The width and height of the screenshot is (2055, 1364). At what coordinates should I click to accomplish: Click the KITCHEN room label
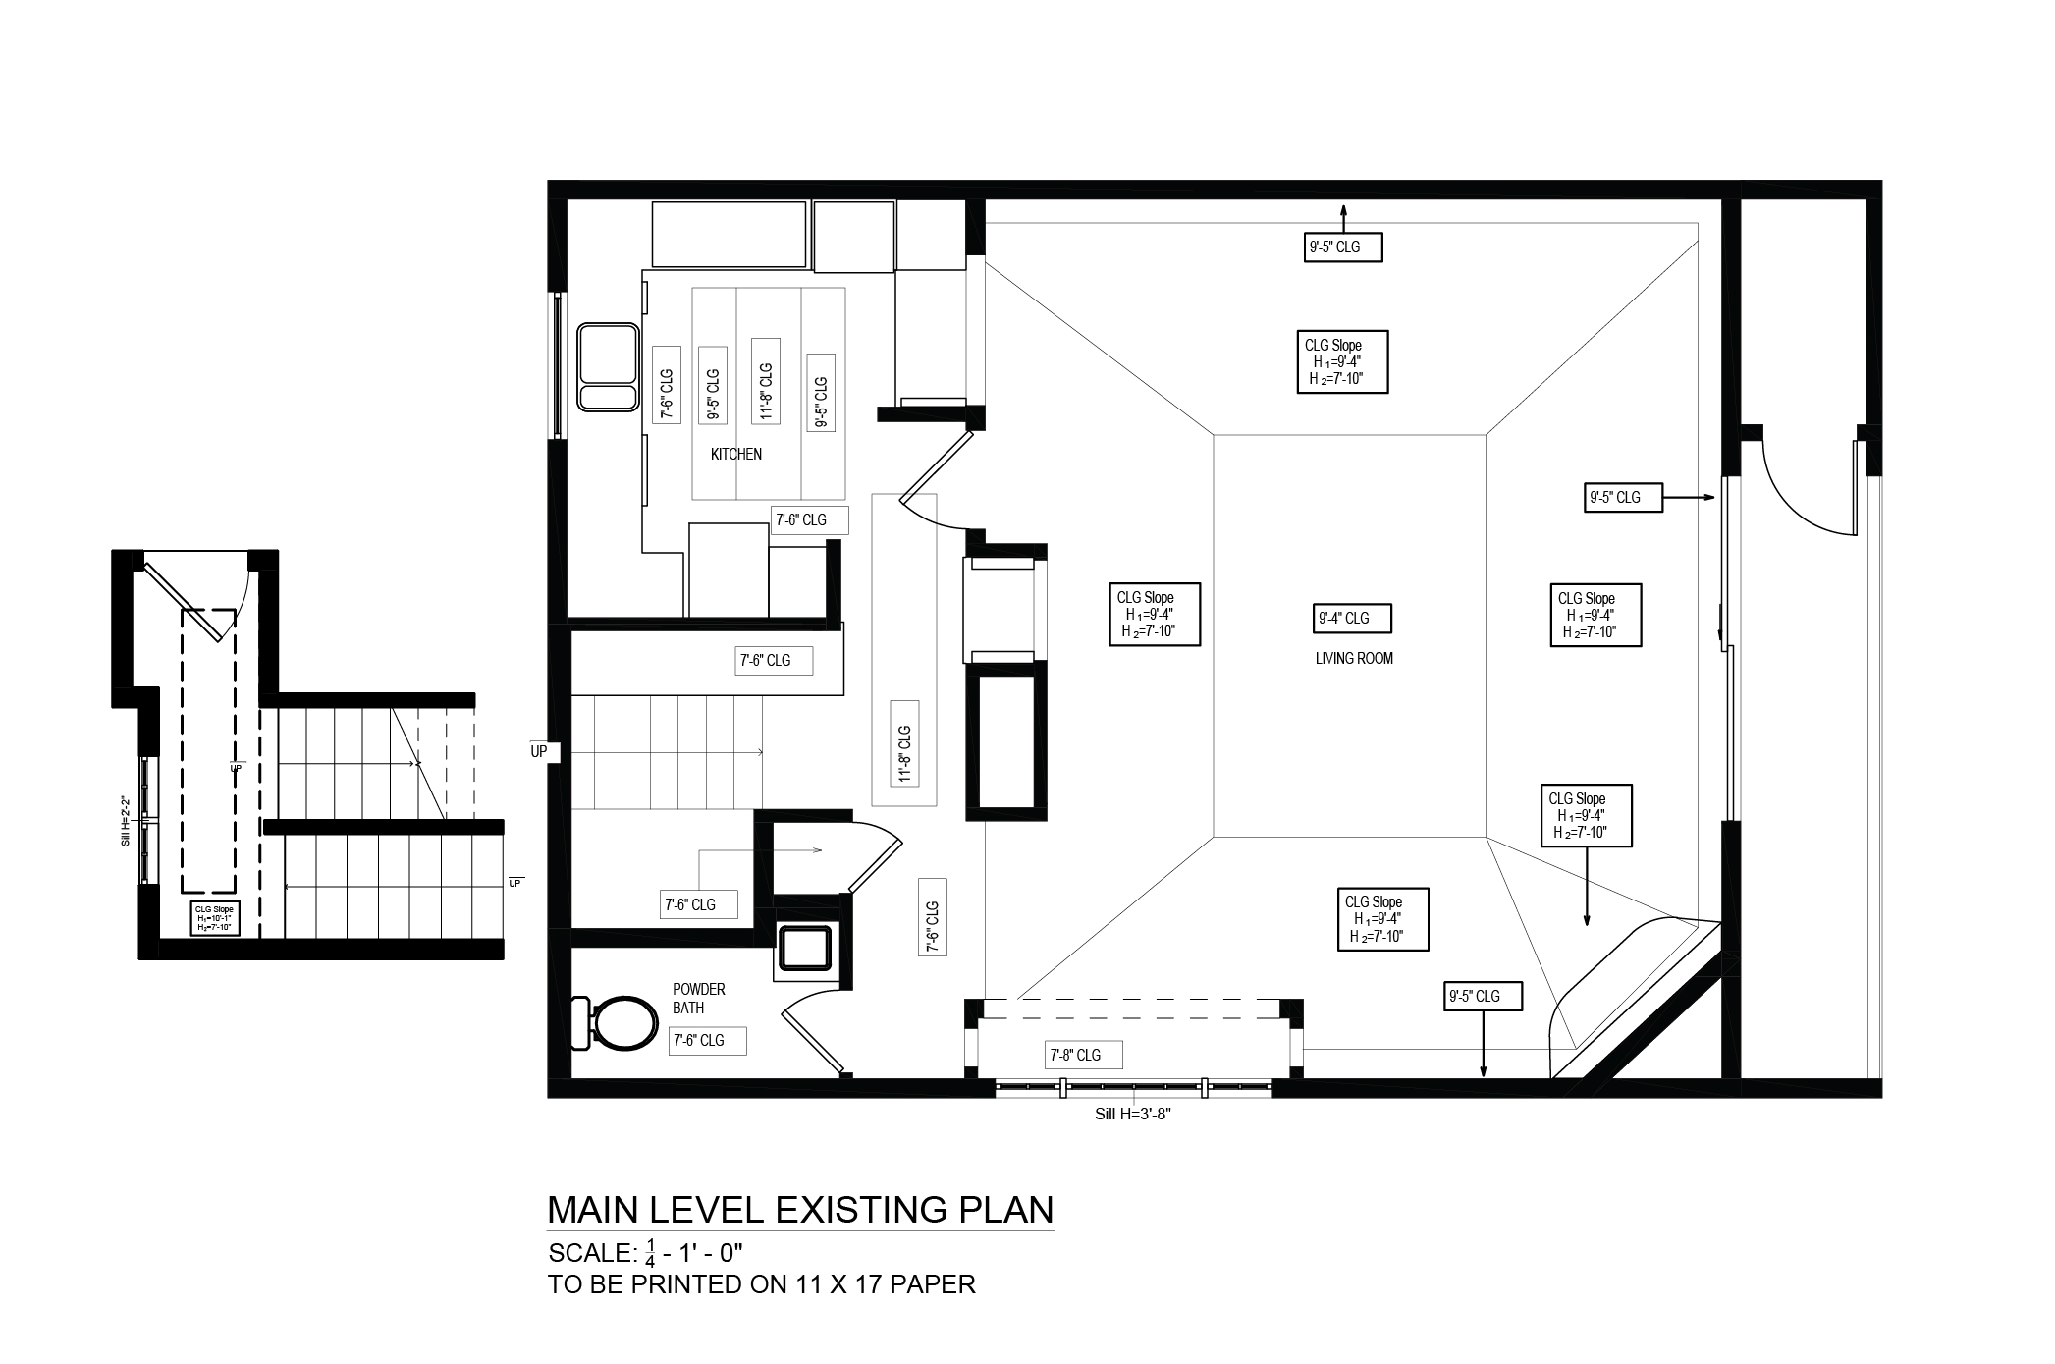click(735, 454)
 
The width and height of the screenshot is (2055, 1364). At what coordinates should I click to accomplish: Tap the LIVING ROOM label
click(1354, 659)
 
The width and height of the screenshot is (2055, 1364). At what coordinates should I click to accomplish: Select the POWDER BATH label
click(698, 999)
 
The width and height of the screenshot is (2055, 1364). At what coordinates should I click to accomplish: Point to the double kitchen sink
click(606, 367)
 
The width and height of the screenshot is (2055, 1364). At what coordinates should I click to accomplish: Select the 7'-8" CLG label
click(1075, 1056)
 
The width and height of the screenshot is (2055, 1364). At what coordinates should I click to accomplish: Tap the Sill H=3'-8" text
click(1133, 1115)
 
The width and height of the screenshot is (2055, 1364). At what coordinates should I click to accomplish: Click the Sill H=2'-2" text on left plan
click(125, 821)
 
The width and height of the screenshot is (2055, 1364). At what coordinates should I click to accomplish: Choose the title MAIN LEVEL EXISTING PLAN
click(799, 1210)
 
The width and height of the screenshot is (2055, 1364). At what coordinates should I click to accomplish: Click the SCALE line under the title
click(645, 1254)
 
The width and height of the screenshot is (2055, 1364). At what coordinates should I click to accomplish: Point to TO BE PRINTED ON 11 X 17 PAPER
click(761, 1284)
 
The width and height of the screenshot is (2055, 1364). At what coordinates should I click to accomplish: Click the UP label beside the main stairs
click(539, 752)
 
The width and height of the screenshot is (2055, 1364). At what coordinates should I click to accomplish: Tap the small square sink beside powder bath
click(806, 949)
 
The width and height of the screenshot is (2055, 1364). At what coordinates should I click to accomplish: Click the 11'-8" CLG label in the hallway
click(904, 754)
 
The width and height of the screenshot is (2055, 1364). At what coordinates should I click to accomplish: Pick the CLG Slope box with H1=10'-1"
click(214, 919)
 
